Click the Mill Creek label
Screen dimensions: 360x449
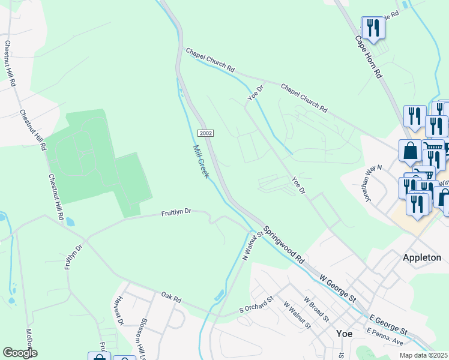[200, 161]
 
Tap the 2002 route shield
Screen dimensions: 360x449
[205, 133]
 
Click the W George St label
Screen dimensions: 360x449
[338, 289]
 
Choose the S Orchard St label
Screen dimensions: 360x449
[256, 304]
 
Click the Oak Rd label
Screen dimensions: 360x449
[171, 296]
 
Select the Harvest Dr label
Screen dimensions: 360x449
[119, 310]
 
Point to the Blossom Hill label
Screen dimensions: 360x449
[143, 336]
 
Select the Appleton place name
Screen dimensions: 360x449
[421, 257]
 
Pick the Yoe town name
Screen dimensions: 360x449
[345, 334]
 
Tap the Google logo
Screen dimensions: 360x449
[20, 353]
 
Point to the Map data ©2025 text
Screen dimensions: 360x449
[423, 355]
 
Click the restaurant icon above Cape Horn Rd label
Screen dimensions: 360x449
[373, 28]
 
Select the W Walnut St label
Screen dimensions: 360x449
[297, 316]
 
